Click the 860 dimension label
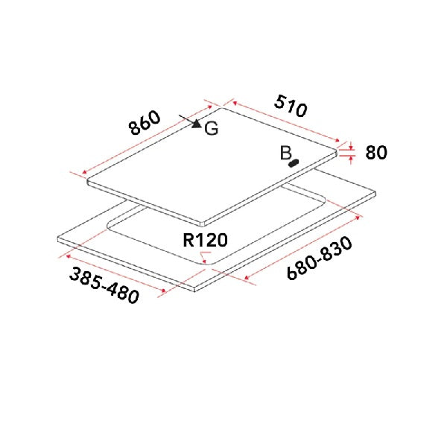tap(145, 123)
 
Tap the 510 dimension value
tap(290, 107)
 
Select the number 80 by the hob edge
tap(376, 153)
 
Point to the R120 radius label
tap(205, 240)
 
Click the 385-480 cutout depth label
tap(104, 285)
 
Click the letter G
tap(212, 129)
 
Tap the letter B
tap(285, 153)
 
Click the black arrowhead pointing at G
tap(197, 124)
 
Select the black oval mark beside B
tap(295, 162)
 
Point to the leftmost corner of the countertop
tap(57, 239)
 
